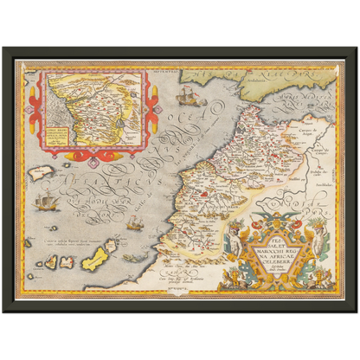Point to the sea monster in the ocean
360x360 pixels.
(x=131, y=257)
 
